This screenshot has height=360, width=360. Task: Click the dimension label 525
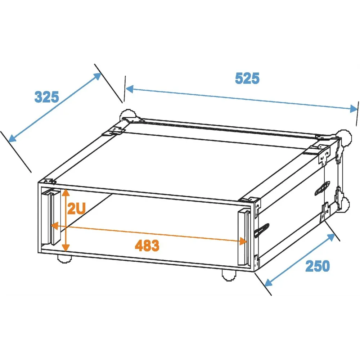click(x=247, y=78)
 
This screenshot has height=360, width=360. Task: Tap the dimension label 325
click(x=46, y=97)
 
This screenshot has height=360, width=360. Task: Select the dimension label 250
click(x=318, y=266)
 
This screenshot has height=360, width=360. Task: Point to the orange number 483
click(x=147, y=246)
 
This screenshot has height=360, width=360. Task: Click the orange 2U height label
click(x=76, y=208)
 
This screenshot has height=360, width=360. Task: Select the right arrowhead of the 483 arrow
click(x=243, y=241)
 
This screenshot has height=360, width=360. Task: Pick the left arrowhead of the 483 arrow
click(x=54, y=226)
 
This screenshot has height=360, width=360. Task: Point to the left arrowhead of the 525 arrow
click(x=130, y=89)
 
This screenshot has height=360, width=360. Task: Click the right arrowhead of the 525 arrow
click(x=354, y=108)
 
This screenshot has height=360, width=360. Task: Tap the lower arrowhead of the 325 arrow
click(x=12, y=138)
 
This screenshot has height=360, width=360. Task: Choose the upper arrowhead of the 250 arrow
click(x=331, y=237)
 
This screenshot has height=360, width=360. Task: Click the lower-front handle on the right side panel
click(x=261, y=230)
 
